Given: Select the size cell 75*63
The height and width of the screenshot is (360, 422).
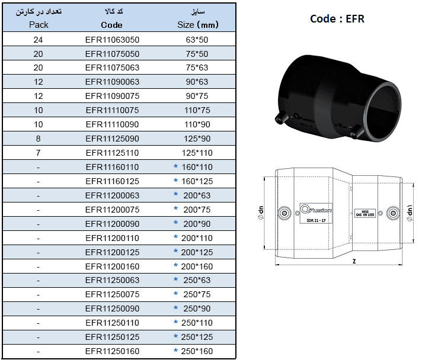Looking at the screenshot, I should [197, 67].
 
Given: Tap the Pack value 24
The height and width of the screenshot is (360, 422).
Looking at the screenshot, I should [39, 39].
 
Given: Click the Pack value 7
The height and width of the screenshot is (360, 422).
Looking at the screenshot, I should [39, 153].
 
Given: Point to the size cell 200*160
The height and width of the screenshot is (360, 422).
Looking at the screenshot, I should [197, 266].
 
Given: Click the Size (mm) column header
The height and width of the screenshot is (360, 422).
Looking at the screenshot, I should [197, 25].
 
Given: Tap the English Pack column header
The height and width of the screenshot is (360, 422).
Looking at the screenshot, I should [39, 25].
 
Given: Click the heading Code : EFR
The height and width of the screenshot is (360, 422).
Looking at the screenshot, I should [337, 19].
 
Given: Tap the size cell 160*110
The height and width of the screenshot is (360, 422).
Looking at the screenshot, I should [197, 167].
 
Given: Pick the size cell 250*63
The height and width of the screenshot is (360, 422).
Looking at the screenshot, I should [197, 281].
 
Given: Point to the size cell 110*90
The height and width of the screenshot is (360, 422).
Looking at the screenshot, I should [197, 124].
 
